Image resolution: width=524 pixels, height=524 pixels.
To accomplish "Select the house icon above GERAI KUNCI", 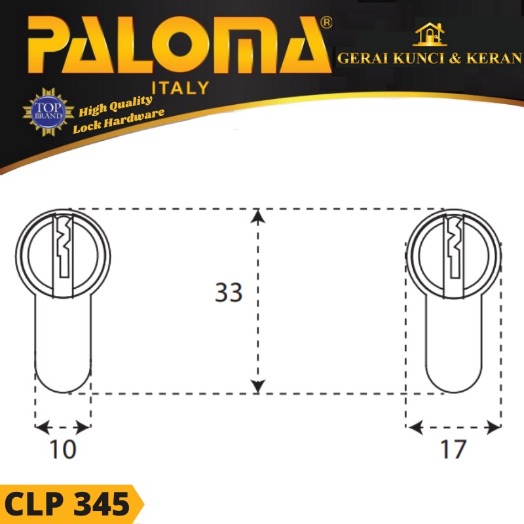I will (x=430, y=35).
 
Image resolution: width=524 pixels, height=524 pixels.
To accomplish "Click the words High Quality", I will (x=115, y=105).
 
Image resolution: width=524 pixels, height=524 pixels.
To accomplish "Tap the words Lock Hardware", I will (x=118, y=121).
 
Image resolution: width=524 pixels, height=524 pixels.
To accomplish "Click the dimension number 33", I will (x=229, y=293).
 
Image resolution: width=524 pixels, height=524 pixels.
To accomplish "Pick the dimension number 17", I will (x=453, y=449).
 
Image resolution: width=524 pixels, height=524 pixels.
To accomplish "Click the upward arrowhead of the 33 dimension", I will (x=259, y=215).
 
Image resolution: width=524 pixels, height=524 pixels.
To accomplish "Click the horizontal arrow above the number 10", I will (x=63, y=428).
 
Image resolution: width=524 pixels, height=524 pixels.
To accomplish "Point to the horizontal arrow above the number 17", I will (x=453, y=428).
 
